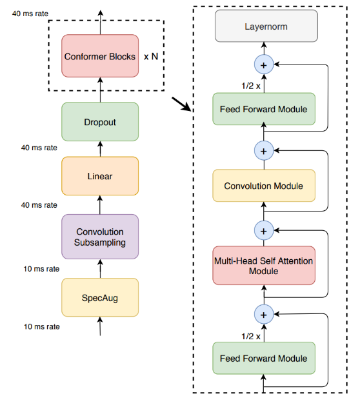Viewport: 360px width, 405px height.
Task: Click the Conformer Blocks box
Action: (100, 56)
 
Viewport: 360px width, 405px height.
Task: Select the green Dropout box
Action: (100, 122)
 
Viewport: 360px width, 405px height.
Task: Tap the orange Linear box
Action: (100, 176)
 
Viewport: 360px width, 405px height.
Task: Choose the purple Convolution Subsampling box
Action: (100, 237)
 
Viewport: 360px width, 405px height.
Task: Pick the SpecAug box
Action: (100, 297)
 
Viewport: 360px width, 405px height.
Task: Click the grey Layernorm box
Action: (266, 26)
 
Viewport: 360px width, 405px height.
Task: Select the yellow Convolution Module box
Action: (264, 186)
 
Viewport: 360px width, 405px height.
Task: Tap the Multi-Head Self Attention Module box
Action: (264, 266)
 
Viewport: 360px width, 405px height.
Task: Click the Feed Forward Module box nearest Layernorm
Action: (264, 109)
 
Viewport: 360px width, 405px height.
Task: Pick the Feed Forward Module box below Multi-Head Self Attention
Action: (264, 359)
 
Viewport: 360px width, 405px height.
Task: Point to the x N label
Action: (151, 56)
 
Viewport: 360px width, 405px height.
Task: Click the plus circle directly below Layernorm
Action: (264, 64)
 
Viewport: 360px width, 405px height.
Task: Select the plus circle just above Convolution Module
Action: (264, 151)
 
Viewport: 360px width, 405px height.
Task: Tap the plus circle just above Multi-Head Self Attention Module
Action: (264, 231)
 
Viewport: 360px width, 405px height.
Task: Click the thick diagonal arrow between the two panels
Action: (182, 104)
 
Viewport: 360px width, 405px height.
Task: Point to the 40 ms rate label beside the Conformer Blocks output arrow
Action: (30, 14)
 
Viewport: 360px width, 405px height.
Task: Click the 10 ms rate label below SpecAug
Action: (42, 327)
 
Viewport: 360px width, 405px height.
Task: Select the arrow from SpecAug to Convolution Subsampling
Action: (100, 269)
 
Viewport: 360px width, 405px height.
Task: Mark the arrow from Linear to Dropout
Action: (100, 149)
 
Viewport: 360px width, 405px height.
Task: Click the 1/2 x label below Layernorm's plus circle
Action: (251, 86)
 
